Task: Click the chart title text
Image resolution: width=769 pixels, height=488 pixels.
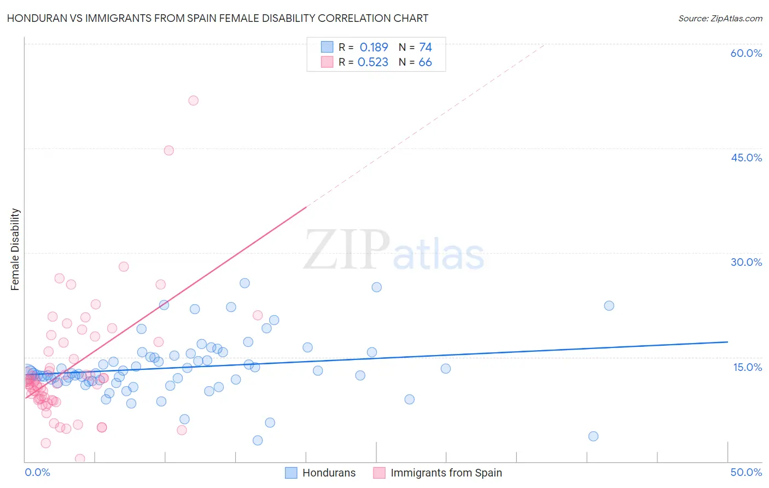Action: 218,18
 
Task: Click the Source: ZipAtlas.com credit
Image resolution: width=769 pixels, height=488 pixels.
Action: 720,18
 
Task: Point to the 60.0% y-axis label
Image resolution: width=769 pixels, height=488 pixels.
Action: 746,53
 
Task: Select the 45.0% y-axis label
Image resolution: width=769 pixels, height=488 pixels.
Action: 746,158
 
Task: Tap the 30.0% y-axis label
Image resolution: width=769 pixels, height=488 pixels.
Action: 746,262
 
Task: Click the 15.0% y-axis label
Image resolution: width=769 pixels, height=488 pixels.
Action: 747,367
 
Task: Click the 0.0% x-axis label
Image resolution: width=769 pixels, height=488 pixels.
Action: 37,472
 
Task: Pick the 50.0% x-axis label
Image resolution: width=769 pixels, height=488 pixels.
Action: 746,472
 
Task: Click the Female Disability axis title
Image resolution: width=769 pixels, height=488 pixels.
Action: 15,249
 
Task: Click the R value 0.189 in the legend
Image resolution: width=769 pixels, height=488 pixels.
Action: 374,48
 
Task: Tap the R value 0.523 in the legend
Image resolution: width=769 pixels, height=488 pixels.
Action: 373,62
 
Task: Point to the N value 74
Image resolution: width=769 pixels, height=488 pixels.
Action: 426,48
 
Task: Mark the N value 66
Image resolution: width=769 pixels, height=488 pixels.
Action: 425,62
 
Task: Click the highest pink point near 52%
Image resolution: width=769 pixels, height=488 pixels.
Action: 193,101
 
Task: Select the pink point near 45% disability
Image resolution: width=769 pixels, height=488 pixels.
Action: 169,150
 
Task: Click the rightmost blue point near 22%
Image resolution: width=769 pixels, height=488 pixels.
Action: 609,306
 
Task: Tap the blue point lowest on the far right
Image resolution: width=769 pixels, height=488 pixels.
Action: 593,436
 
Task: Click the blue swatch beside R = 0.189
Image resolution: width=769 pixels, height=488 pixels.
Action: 327,47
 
